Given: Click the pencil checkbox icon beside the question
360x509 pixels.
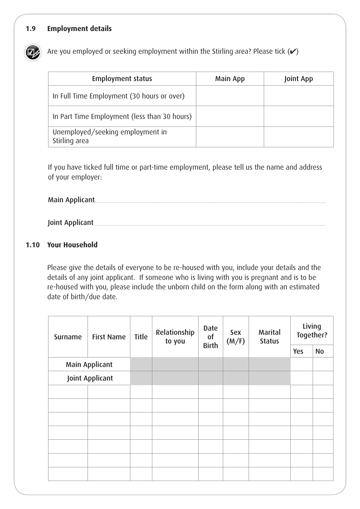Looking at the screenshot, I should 33,52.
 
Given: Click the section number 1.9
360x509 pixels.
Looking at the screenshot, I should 31,29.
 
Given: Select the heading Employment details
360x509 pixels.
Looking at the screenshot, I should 79,29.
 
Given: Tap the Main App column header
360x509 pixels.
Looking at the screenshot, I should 230,79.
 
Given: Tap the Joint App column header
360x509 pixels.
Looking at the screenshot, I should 298,79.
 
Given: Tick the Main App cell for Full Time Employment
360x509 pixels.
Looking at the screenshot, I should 230,96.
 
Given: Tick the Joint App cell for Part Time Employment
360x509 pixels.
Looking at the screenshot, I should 298,116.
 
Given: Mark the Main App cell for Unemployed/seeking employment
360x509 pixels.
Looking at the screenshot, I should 230,137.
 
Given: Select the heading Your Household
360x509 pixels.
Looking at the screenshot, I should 72,245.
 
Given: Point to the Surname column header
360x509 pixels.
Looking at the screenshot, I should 68,337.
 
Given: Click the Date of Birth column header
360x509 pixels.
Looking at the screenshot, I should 210,337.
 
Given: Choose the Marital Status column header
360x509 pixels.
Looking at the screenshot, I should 269,337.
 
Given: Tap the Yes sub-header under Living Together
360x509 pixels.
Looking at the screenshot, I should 298,351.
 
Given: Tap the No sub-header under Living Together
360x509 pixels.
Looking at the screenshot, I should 319,351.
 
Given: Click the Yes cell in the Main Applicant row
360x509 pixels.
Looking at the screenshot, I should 301,364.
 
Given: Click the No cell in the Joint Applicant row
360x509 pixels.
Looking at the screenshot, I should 323,378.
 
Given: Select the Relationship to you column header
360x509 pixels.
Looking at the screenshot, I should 175,337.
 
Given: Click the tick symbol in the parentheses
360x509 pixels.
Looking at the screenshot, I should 293,52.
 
